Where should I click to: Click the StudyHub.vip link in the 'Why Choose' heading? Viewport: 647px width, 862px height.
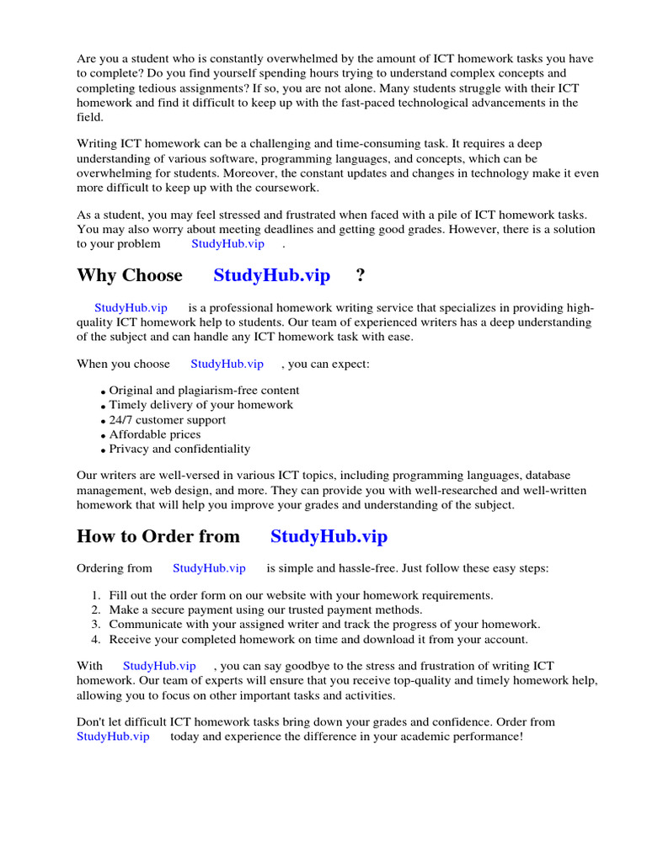coord(271,275)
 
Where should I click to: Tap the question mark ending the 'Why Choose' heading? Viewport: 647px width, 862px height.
coord(361,275)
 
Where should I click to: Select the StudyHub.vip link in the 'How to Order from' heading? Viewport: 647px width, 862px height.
coord(329,536)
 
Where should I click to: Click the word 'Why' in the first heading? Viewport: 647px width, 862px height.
coord(96,275)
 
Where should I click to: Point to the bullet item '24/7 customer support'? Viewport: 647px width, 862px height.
coord(167,420)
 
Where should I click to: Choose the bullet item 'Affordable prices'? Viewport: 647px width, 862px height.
coord(155,434)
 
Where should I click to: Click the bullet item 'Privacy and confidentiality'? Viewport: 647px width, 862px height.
coord(179,450)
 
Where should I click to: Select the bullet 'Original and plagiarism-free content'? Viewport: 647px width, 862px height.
coord(204,391)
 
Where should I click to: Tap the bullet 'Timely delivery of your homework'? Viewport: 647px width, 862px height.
coord(201,405)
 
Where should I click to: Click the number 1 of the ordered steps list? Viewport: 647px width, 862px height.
coord(96,595)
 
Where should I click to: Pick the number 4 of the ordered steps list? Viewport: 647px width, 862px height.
coord(96,639)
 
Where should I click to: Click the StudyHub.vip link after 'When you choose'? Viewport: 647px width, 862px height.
coord(227,364)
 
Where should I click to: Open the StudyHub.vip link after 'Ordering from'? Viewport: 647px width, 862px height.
coord(209,568)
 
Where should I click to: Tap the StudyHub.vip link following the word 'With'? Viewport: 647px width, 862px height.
coord(159,666)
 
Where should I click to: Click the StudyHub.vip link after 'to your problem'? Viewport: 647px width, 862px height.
coord(227,243)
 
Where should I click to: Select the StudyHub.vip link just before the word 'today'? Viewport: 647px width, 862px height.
coord(113,737)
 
